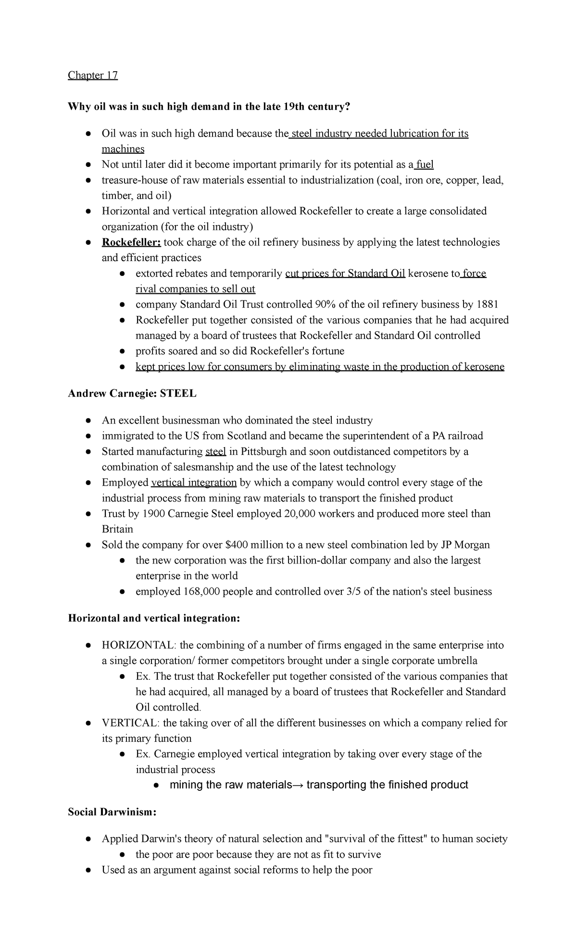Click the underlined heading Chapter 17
(93, 75)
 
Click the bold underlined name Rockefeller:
(131, 242)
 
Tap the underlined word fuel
(425, 164)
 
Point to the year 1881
(487, 304)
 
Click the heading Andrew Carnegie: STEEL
(132, 393)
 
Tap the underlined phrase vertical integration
(194, 482)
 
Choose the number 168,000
(201, 591)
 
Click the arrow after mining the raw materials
(298, 785)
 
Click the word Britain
(117, 529)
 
